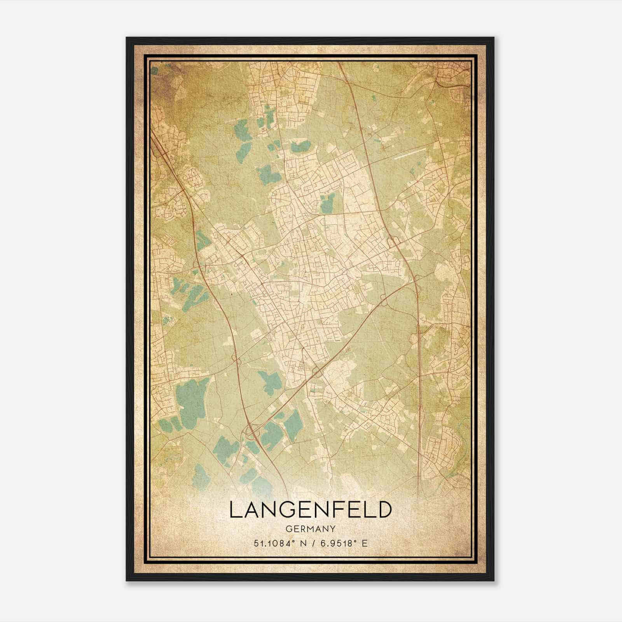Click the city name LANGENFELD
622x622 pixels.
pos(309,510)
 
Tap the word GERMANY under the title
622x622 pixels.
pos(309,529)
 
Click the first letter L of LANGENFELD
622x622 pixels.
pos(235,510)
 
